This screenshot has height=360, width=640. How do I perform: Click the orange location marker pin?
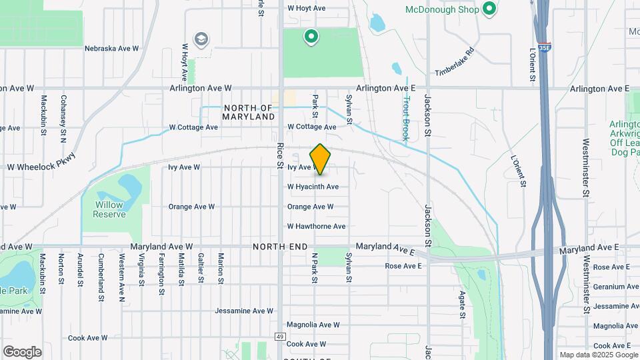pyautogui.click(x=320, y=159)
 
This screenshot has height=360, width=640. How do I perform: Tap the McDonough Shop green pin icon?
pyautogui.click(x=489, y=9)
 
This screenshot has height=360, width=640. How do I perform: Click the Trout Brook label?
pyautogui.click(x=406, y=116)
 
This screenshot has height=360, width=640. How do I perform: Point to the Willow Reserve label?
pyautogui.click(x=109, y=209)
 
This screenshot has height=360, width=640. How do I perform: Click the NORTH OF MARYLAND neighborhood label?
pyautogui.click(x=249, y=112)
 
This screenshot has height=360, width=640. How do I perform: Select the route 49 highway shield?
pyautogui.click(x=280, y=337)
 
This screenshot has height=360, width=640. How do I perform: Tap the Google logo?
pyautogui.click(x=22, y=351)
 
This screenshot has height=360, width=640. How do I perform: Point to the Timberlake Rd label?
pyautogui.click(x=453, y=61)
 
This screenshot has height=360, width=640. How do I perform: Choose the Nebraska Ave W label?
pyautogui.click(x=111, y=49)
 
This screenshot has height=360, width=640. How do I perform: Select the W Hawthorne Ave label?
pyautogui.click(x=316, y=227)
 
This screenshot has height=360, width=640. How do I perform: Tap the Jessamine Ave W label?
pyautogui.click(x=244, y=311)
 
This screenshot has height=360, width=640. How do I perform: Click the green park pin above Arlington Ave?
pyautogui.click(x=310, y=37)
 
